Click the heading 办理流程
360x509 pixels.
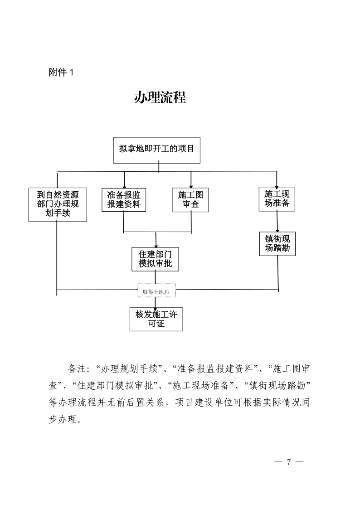160,97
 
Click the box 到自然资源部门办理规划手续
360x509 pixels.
58,204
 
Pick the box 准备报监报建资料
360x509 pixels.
124,199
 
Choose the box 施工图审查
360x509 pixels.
190,199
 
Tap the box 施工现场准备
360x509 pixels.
277,199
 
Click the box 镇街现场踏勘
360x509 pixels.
277,243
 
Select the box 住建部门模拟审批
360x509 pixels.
155,259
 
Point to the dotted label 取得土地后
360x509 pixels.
156,292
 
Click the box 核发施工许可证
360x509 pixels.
156,319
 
